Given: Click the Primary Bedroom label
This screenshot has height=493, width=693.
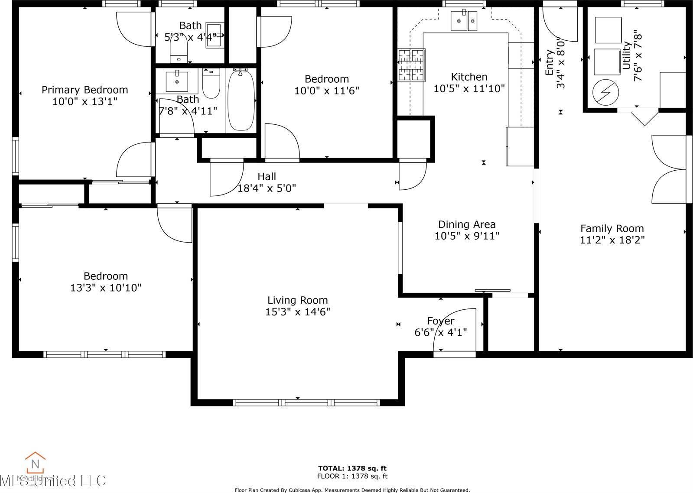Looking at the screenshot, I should [85, 90].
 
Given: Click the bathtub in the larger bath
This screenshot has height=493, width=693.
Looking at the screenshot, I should [241, 100].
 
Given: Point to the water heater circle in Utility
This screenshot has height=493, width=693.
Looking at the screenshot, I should [605, 92].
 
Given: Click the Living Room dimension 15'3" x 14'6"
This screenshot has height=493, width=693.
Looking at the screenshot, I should [298, 312].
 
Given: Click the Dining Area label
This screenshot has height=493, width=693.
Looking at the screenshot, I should [467, 224].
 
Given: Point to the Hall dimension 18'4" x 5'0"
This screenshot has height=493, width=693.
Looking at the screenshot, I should [267, 188].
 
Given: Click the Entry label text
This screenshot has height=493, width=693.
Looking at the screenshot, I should [549, 63].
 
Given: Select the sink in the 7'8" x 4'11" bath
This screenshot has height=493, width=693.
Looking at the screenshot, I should [177, 81].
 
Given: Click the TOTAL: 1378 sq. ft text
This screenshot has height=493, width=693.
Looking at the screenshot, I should [352, 468].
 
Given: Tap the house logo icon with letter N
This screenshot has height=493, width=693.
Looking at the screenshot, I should [35, 463].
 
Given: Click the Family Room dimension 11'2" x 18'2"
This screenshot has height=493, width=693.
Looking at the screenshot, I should [612, 240].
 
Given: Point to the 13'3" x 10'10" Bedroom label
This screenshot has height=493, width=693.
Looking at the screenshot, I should [106, 276].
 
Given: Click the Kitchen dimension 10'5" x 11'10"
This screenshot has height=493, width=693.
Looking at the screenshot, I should [469, 89].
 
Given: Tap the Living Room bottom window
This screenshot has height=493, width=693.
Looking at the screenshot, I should [306, 402].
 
